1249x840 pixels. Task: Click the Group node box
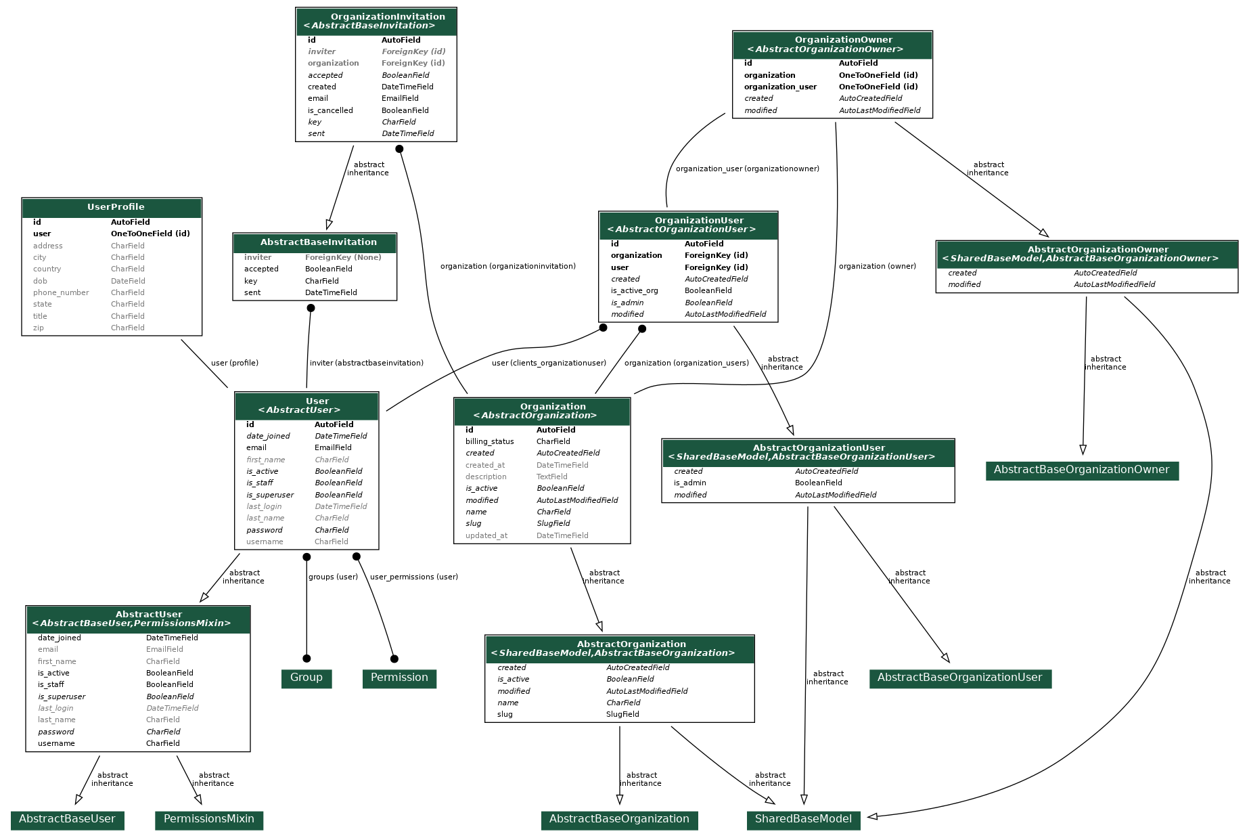click(x=306, y=678)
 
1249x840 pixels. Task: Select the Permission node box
click(x=399, y=678)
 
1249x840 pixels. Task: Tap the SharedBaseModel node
click(x=803, y=820)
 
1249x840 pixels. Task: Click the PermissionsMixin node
click(x=208, y=820)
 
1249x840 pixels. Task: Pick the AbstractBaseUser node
click(x=67, y=820)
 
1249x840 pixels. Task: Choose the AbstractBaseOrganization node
click(x=619, y=820)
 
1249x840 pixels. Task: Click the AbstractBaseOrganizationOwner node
click(x=1081, y=470)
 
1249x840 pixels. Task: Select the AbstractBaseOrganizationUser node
click(x=959, y=678)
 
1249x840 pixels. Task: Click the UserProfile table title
click(x=116, y=207)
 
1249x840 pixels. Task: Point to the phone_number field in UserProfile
click(x=61, y=292)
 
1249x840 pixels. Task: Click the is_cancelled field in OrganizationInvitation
click(x=330, y=110)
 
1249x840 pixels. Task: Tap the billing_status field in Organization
click(x=489, y=441)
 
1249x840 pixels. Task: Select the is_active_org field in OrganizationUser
click(x=634, y=290)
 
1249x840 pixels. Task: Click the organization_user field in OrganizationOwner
click(x=780, y=87)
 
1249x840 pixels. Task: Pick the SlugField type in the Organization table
click(x=553, y=523)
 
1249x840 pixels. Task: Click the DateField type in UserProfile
click(x=128, y=281)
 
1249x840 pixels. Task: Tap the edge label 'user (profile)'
click(x=234, y=363)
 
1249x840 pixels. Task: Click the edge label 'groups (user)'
click(x=333, y=577)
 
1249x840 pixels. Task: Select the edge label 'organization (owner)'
click(x=877, y=266)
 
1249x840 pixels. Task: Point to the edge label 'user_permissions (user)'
click(x=413, y=577)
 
